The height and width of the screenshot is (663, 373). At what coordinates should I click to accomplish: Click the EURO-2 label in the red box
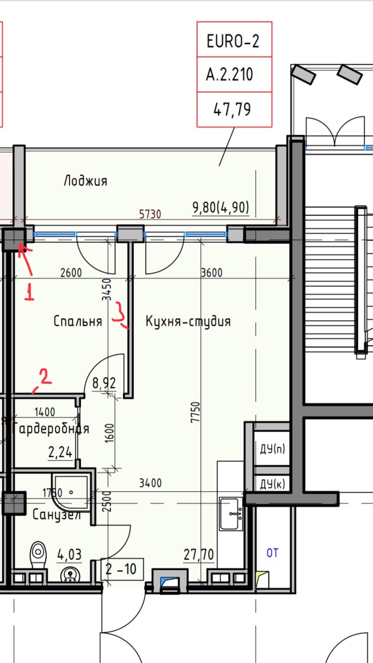pyautogui.click(x=233, y=41)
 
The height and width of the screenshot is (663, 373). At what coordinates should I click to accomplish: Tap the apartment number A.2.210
pyautogui.click(x=229, y=74)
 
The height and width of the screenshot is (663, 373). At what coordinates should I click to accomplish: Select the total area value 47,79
pyautogui.click(x=232, y=109)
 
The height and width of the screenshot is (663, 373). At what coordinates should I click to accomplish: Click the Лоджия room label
pyautogui.click(x=85, y=181)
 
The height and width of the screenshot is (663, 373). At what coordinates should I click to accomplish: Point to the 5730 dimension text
pyautogui.click(x=150, y=214)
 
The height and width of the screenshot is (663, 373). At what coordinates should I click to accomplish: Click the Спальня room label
pyautogui.click(x=78, y=321)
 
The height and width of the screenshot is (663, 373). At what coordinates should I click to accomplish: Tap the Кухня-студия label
pyautogui.click(x=188, y=322)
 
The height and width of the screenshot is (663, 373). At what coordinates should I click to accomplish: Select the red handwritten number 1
pyautogui.click(x=30, y=292)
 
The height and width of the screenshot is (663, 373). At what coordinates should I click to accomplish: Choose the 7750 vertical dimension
pyautogui.click(x=195, y=412)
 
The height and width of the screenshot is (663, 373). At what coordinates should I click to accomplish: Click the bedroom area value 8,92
pyautogui.click(x=104, y=383)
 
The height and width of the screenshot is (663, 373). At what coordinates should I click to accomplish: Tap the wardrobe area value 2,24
pyautogui.click(x=61, y=452)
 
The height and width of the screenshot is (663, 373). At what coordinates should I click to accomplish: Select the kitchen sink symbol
pyautogui.click(x=231, y=514)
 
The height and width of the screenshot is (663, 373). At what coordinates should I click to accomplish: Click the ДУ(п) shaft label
pyautogui.click(x=272, y=449)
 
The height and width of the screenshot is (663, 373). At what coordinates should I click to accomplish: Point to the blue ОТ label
pyautogui.click(x=272, y=553)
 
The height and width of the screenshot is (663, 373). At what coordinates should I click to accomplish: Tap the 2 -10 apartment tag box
pyautogui.click(x=122, y=569)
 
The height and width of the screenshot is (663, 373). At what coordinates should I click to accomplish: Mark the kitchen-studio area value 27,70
pyautogui.click(x=198, y=554)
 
